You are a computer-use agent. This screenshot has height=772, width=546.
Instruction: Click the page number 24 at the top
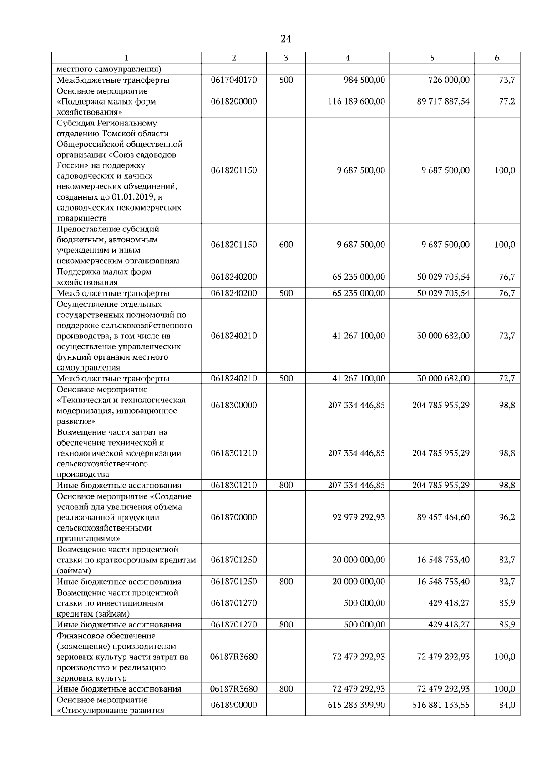click(286, 39)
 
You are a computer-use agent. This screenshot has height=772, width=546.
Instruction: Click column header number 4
click(348, 58)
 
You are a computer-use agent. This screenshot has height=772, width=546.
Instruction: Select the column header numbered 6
click(497, 58)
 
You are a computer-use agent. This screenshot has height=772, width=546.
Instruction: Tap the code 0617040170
click(234, 80)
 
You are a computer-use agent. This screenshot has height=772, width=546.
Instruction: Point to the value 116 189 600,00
click(356, 101)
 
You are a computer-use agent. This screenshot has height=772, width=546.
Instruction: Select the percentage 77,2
click(507, 101)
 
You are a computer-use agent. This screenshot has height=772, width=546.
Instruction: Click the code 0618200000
click(234, 101)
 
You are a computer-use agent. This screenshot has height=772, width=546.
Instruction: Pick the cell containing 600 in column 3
click(286, 245)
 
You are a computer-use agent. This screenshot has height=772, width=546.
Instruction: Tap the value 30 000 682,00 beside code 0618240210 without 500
click(443, 336)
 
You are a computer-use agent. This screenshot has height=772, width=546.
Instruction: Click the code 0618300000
click(234, 405)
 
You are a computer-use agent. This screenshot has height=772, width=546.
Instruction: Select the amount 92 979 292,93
click(359, 517)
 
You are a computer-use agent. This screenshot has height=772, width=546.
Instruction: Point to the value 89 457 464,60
click(443, 517)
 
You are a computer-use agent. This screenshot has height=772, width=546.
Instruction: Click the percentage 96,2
click(507, 517)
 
